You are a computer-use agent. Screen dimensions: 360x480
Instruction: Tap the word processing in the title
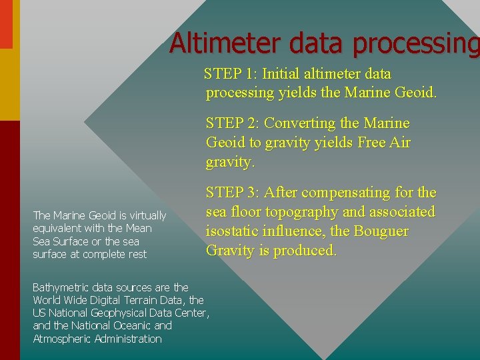click(416, 44)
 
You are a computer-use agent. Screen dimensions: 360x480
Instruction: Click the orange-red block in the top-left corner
click(6, 24)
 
